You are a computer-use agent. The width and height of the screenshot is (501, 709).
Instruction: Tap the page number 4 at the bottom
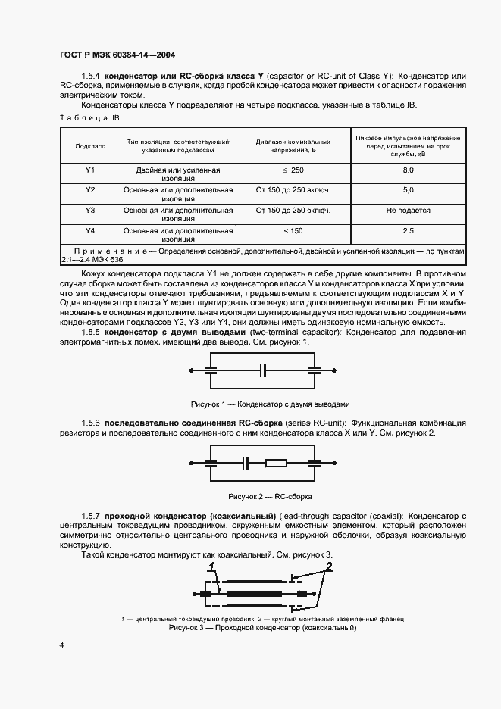(62, 645)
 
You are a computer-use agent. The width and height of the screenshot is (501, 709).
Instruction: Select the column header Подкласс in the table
(89, 145)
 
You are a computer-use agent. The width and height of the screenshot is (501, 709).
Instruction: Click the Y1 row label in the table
(89, 171)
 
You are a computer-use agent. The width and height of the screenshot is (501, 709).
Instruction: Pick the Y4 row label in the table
(89, 230)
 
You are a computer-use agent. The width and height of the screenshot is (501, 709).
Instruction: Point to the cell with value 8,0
(408, 171)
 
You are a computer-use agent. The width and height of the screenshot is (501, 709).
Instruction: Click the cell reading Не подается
(408, 211)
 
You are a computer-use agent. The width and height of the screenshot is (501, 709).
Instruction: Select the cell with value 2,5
(408, 230)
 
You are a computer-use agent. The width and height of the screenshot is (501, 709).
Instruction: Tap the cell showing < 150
(293, 230)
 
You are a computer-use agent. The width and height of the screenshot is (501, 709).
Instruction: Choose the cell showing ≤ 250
(293, 171)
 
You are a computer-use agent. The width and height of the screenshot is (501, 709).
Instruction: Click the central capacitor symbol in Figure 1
(263, 370)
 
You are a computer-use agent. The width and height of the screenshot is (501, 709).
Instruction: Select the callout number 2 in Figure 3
(328, 567)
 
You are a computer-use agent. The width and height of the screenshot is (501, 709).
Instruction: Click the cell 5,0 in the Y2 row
(408, 189)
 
